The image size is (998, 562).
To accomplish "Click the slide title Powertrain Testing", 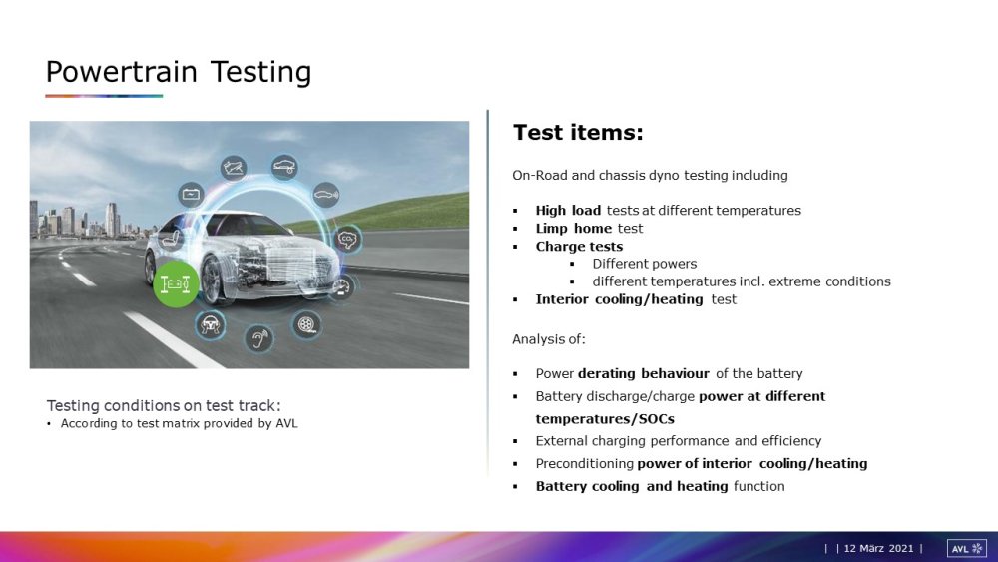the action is click(x=179, y=72).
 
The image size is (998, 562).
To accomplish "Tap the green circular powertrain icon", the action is click(x=175, y=283).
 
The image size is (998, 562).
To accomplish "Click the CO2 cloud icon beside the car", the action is click(x=347, y=240).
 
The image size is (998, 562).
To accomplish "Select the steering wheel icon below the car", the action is click(x=210, y=325).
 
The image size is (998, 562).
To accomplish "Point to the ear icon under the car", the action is click(x=259, y=338).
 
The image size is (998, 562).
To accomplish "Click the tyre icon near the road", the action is click(x=306, y=324).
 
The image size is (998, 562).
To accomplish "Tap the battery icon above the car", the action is click(x=191, y=194).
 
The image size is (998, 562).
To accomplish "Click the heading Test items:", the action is click(x=578, y=133).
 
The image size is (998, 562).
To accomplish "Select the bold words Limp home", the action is click(x=573, y=228).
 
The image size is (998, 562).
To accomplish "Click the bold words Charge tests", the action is click(x=579, y=247).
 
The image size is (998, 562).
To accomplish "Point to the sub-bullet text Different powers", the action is click(x=644, y=264).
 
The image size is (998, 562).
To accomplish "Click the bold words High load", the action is click(x=568, y=210).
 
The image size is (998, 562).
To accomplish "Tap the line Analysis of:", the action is click(x=549, y=339).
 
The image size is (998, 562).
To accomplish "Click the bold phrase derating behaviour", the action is click(x=643, y=373).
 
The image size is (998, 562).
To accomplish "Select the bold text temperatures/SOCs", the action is click(x=605, y=419).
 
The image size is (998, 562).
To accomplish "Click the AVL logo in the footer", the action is click(x=967, y=549).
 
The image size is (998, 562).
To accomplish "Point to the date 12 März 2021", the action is click(x=878, y=549).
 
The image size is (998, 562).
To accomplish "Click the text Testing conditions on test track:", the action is click(x=164, y=405).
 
